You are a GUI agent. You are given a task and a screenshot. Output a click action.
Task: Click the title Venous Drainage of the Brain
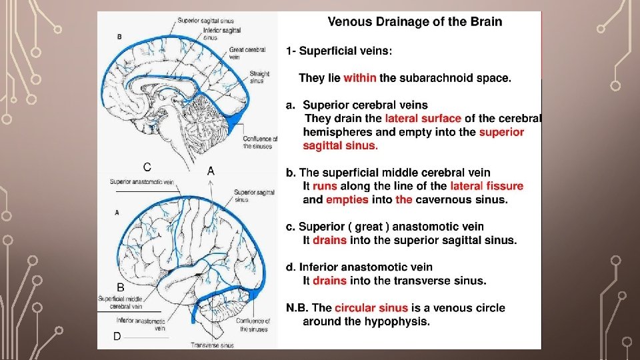[415, 22]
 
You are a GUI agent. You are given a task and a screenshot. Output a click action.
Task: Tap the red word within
[360, 78]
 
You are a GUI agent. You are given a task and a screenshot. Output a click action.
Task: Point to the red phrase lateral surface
[423, 119]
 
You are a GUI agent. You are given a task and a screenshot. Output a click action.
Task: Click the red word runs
[325, 186]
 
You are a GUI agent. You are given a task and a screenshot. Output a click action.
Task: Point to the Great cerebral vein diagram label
[248, 53]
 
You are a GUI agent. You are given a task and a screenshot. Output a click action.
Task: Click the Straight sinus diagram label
[259, 77]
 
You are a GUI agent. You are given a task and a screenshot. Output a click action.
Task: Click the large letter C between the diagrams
[147, 167]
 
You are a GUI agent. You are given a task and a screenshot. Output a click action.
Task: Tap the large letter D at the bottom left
[117, 337]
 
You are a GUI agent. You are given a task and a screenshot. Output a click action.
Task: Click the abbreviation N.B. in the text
[297, 308]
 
